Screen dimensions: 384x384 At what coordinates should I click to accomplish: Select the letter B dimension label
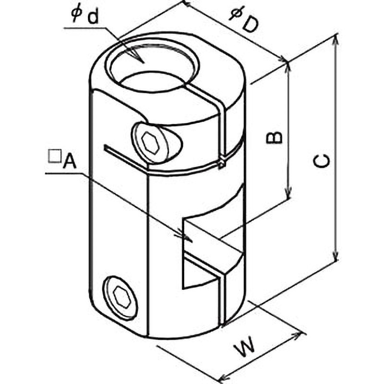(274, 137)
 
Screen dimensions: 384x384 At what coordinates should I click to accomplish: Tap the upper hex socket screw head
(150, 143)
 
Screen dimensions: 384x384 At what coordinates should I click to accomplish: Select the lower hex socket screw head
(121, 298)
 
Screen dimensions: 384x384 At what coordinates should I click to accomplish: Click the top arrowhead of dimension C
(336, 40)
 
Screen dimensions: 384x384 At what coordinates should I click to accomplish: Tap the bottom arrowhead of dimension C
(335, 254)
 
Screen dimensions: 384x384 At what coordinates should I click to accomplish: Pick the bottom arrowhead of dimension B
(289, 193)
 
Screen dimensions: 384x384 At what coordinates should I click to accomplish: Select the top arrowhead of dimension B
(288, 69)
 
